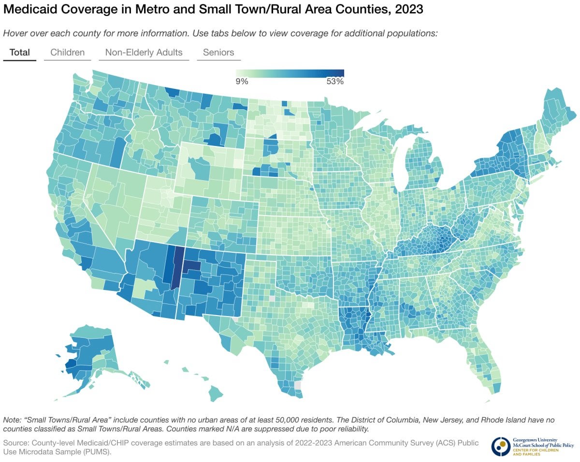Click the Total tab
coord(19,53)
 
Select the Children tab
coord(67,53)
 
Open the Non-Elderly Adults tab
coord(144,53)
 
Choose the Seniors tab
coord(218,53)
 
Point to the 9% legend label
coord(242,82)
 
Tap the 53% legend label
coord(334,82)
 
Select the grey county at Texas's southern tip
coord(297,385)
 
